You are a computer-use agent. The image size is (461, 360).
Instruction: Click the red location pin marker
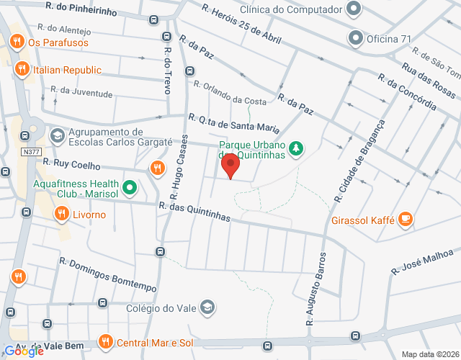231,166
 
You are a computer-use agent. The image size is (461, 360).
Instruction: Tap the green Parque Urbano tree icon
295,149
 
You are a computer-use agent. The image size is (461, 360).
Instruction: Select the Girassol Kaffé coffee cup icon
406,219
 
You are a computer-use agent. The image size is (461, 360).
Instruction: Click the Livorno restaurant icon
61,214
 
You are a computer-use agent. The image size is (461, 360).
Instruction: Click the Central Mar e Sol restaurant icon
106,341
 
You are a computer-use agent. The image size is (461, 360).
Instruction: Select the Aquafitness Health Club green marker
130,189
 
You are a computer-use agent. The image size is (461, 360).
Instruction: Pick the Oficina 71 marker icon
354,37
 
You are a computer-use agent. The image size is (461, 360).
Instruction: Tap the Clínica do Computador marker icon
353,9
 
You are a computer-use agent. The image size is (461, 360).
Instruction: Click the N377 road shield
30,152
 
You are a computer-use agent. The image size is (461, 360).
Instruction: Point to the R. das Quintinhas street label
194,212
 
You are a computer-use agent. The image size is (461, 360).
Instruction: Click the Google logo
24,351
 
